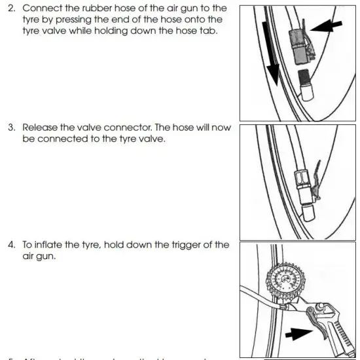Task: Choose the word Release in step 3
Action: (x=41, y=128)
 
